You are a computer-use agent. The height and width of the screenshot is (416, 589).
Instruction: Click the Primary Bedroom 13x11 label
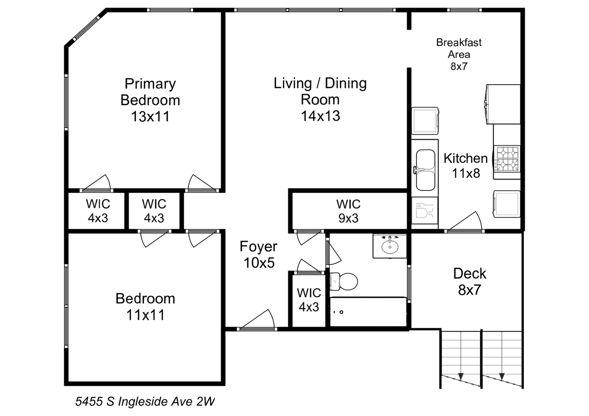pos(150,100)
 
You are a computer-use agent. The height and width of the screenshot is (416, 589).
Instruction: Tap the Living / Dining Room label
pos(320,99)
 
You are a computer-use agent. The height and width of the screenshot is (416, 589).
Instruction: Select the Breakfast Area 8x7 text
pos(459,54)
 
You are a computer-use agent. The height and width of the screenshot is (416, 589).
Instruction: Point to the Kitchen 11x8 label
pos(466,166)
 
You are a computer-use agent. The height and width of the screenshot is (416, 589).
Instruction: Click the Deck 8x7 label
pos(470,282)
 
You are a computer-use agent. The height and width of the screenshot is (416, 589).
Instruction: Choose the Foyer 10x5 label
pos(258,255)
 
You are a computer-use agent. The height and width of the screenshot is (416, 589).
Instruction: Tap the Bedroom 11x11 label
pos(145,307)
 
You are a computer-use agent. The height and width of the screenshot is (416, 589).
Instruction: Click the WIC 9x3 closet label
pos(348,211)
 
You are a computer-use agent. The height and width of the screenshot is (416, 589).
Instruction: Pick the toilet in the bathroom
pos(343,281)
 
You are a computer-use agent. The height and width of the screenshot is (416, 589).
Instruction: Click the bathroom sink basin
pos(390,246)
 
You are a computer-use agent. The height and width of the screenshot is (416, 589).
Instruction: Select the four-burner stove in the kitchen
pos(507,159)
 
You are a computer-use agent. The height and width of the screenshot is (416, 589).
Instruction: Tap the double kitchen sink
pos(425,170)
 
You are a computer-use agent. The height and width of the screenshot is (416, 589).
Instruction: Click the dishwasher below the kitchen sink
pos(425,211)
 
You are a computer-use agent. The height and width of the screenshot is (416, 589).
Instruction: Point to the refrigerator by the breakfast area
pos(503,104)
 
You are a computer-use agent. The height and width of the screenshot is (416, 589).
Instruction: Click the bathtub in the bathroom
pos(368,312)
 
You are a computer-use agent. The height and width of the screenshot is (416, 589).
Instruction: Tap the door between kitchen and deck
pos(465,222)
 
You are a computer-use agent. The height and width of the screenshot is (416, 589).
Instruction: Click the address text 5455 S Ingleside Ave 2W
pos(145,401)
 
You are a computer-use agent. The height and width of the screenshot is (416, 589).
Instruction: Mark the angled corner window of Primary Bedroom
pos(86,29)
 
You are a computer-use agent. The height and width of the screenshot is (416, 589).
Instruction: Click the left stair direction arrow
pos(461,376)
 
